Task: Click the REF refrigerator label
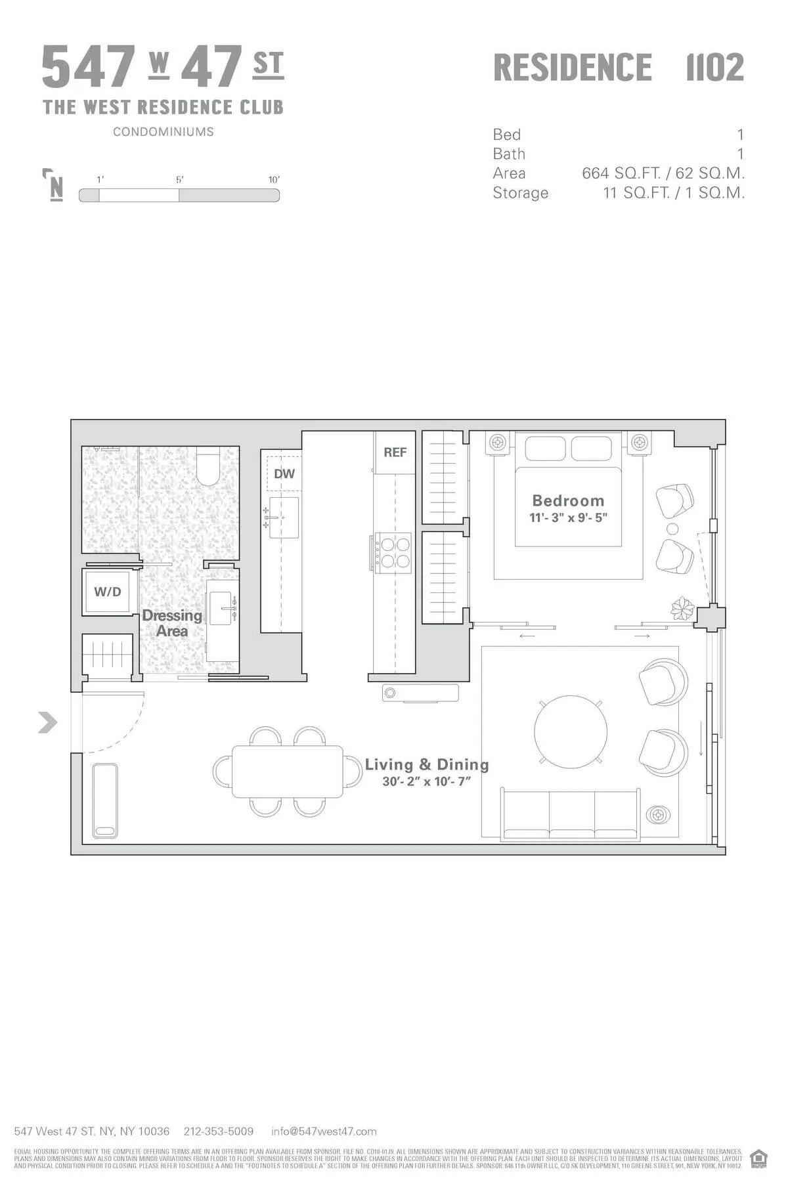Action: [395, 452]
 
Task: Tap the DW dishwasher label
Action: [284, 473]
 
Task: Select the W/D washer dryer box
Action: [108, 592]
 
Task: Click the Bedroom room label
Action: [568, 500]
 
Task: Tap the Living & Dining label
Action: [427, 764]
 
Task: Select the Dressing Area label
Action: [172, 623]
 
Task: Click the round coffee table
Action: [570, 732]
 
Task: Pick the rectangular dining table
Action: [288, 772]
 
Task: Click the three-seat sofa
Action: [570, 815]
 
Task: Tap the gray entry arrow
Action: [47, 722]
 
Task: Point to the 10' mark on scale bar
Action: [274, 180]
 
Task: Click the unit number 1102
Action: [714, 68]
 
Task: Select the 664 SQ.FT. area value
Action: [621, 173]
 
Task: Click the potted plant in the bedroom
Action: [682, 609]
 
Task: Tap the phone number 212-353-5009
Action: [218, 1131]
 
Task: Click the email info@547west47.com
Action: [324, 1131]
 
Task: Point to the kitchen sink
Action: [284, 517]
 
